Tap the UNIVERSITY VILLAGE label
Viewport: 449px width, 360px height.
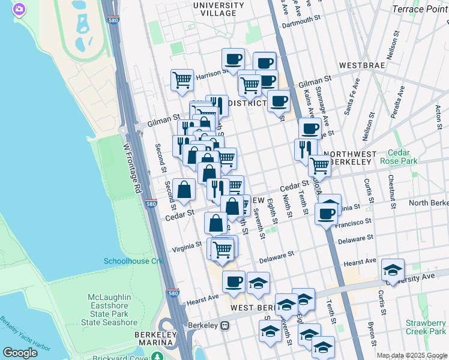(218, 9)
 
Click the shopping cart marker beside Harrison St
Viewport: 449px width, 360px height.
(182, 80)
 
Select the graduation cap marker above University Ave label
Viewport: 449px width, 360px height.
(393, 269)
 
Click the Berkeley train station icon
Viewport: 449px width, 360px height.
(225, 326)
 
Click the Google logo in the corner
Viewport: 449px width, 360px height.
(20, 353)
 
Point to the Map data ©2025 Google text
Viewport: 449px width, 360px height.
(412, 355)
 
